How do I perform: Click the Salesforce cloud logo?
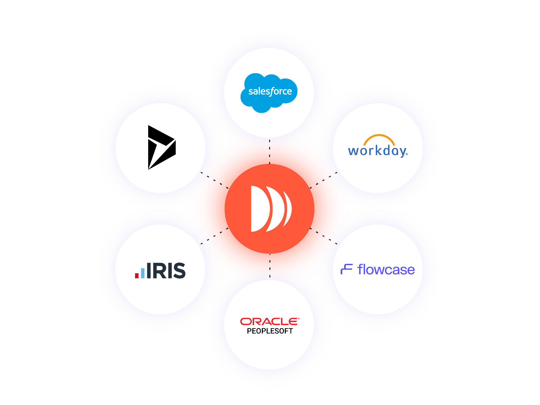pyautogui.click(x=269, y=92)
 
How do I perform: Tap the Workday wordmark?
pyautogui.click(x=377, y=151)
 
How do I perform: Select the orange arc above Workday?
pyautogui.click(x=379, y=137)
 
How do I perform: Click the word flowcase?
pyautogui.click(x=386, y=270)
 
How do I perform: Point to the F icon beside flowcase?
pyautogui.click(x=347, y=269)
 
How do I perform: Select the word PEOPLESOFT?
pyautogui.click(x=270, y=331)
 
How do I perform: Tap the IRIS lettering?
pyautogui.click(x=166, y=271)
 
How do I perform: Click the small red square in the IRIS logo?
pyautogui.click(x=137, y=275)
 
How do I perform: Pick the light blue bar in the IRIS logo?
pyautogui.click(x=143, y=273)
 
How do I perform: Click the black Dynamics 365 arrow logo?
pyautogui.click(x=161, y=147)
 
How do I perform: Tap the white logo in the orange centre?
pyautogui.click(x=271, y=209)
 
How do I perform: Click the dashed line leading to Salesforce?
pyautogui.click(x=270, y=152)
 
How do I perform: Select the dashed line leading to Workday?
pyautogui.click(x=323, y=180)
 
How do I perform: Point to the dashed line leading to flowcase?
pyautogui.click(x=323, y=236)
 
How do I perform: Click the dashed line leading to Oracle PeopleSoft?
pyautogui.click(x=270, y=266)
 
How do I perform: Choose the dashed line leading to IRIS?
pyautogui.click(x=214, y=236)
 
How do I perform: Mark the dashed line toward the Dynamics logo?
pyautogui.click(x=214, y=180)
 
